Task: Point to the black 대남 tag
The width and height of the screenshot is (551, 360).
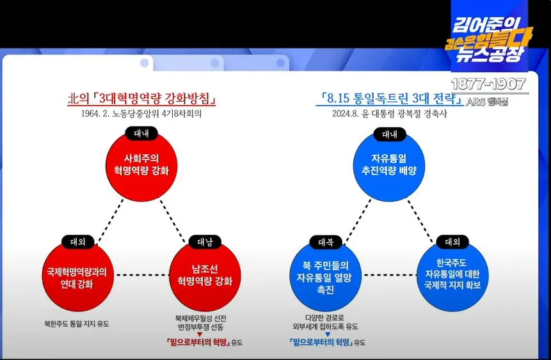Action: point(205,242)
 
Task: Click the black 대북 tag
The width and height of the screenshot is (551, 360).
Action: point(326,242)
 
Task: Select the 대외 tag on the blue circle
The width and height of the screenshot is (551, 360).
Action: point(452,242)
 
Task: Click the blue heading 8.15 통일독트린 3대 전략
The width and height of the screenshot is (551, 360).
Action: point(390,98)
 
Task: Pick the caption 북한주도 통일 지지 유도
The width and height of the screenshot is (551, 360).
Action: point(77,324)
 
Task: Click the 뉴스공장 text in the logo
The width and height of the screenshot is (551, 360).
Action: point(488,56)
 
